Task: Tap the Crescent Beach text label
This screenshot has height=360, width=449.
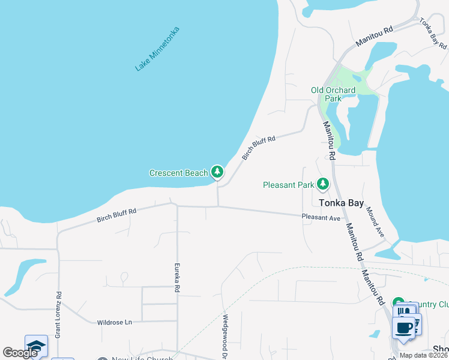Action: [x=178, y=173]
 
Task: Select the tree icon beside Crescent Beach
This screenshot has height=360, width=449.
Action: [x=217, y=173]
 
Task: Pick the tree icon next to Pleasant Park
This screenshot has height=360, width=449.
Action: [x=324, y=183]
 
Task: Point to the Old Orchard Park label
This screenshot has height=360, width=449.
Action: [x=333, y=94]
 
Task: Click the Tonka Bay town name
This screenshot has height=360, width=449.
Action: [x=341, y=203]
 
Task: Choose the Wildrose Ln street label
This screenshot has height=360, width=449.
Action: [x=114, y=323]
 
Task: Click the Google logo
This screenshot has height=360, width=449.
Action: [x=20, y=353]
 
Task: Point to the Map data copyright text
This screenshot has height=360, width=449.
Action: [x=424, y=355]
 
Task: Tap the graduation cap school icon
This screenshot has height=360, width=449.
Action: [x=36, y=346]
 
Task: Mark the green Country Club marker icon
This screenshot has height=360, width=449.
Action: [x=397, y=302]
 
